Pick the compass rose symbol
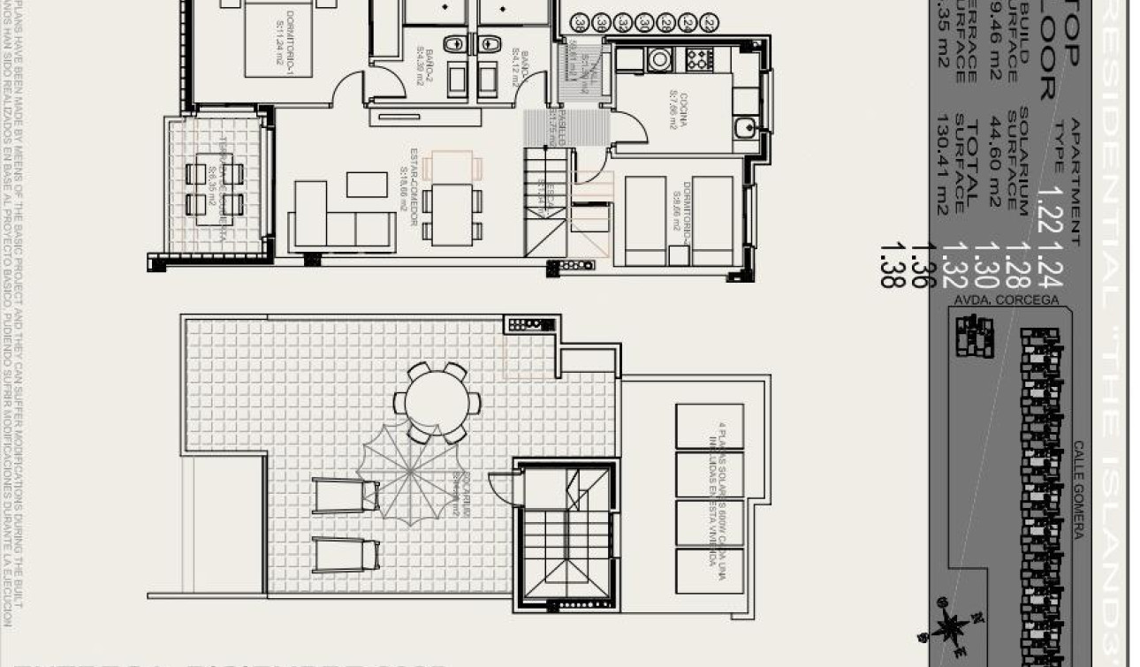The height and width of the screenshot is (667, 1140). coord(950,628)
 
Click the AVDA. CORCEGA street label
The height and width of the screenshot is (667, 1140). coord(1006,300)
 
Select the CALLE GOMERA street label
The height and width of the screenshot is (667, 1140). coord(1078,489)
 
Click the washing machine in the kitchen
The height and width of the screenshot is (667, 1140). coord(660,59)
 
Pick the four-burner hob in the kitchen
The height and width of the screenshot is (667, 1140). coord(699,59)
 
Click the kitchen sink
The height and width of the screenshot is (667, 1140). coord(744,127)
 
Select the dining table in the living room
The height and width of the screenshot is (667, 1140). coord(452,213)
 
